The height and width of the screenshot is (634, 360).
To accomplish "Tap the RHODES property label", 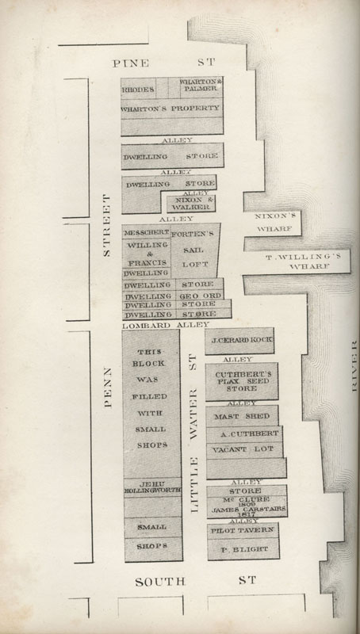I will [137, 90].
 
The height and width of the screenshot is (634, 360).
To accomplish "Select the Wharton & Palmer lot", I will [200, 86].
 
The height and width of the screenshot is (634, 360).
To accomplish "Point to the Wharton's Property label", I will [170, 108].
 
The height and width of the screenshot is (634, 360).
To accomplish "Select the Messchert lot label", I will [146, 233].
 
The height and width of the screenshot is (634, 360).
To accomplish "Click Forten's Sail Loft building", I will [194, 249].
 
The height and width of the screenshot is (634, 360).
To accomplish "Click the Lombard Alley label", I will [166, 325].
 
